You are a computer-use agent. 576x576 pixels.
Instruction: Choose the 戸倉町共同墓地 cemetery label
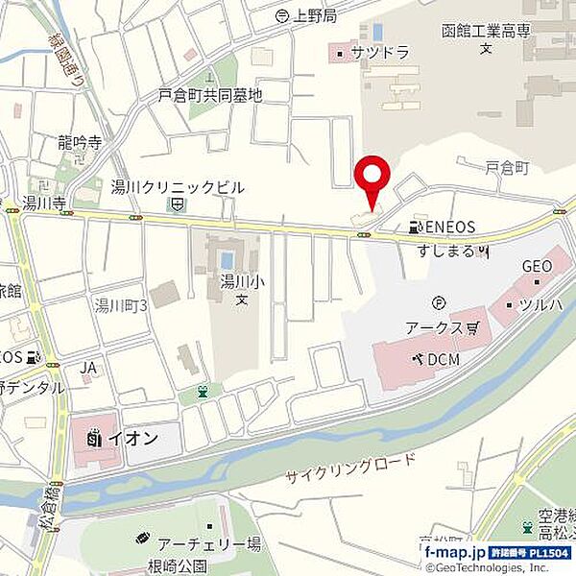click(x=210, y=95)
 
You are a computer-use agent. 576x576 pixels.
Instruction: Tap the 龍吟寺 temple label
click(x=79, y=142)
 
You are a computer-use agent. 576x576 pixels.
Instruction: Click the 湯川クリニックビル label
click(x=178, y=187)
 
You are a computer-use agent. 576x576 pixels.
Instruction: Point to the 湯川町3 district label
click(x=120, y=305)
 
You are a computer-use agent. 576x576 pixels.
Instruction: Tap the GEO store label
click(x=536, y=266)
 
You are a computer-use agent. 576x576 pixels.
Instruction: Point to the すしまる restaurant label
click(x=447, y=251)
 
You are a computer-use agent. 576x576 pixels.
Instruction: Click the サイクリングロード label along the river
click(x=351, y=469)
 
